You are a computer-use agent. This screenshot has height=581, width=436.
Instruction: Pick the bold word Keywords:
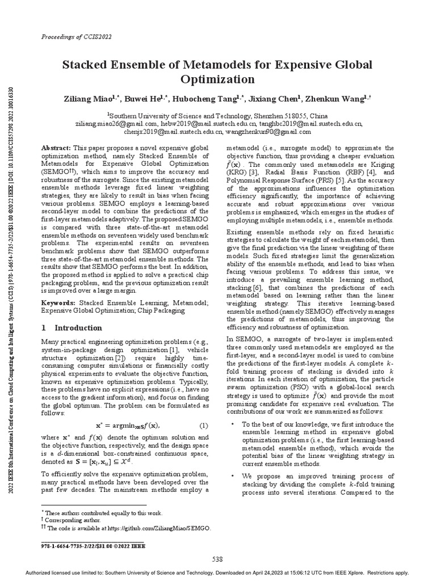(58, 303)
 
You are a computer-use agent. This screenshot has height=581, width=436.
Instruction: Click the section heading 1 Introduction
(72, 328)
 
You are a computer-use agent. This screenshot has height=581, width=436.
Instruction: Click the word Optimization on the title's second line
(218, 79)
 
